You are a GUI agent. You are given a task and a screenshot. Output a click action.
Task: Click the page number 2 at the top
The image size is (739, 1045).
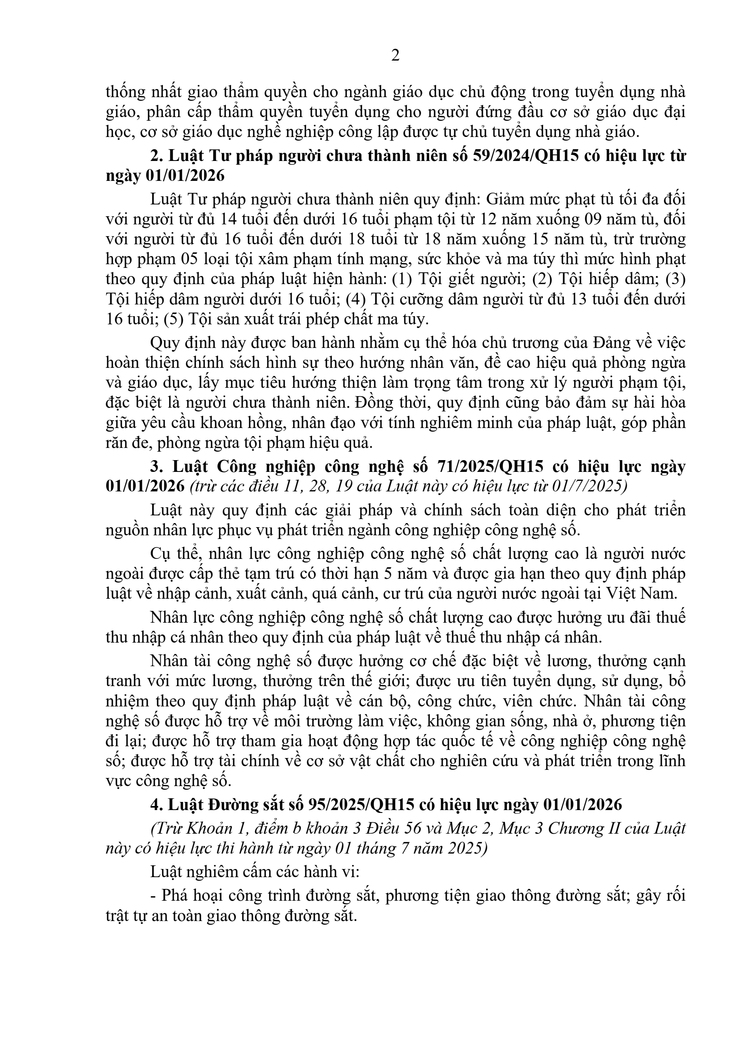point(396,56)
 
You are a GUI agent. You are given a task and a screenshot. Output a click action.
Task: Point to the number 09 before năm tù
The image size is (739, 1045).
point(593,219)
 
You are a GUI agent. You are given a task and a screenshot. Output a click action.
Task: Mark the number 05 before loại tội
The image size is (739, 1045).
point(193,259)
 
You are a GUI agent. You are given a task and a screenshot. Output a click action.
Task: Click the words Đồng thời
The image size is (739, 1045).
point(392,403)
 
